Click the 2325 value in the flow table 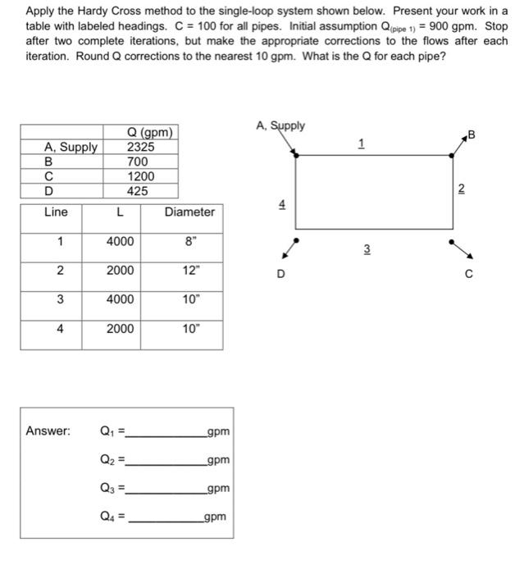tap(138, 148)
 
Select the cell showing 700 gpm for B tap(138, 162)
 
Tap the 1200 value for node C tap(138, 176)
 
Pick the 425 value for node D tap(138, 191)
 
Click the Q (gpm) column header tap(150, 133)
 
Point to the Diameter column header tap(189, 212)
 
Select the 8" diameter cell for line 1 tap(189, 242)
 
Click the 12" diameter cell tap(189, 271)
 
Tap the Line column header tap(56, 212)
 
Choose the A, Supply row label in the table tap(71, 148)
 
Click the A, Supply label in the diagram tap(280, 125)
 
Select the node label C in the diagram tap(468, 275)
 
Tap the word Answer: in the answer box tap(48, 430)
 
